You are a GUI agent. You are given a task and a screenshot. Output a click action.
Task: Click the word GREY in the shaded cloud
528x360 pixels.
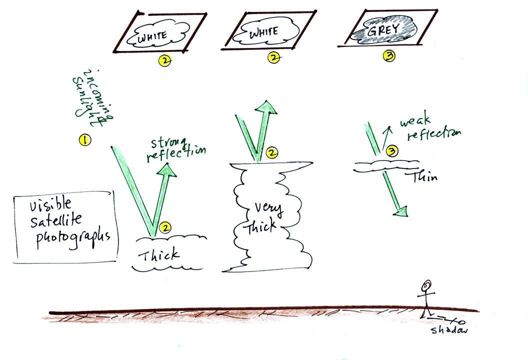(x=383, y=30)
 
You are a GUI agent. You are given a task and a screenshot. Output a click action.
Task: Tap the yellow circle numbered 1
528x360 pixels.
(x=85, y=139)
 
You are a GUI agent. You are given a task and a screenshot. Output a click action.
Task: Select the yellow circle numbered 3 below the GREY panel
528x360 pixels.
(x=389, y=56)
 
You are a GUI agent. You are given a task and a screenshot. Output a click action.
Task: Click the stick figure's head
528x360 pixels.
(x=427, y=285)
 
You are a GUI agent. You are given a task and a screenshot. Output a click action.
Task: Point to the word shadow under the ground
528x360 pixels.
(x=449, y=329)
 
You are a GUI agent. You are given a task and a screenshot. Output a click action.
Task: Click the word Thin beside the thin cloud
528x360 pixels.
(x=424, y=176)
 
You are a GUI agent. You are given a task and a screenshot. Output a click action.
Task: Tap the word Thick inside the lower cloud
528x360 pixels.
(x=158, y=254)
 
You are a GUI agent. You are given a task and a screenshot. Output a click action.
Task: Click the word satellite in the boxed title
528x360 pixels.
(x=56, y=220)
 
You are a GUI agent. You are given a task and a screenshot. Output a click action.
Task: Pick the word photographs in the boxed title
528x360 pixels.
(x=73, y=239)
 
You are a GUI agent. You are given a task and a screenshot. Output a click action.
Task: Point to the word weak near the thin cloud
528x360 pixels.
(x=415, y=121)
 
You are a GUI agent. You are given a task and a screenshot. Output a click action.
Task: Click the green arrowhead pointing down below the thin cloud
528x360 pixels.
(x=400, y=211)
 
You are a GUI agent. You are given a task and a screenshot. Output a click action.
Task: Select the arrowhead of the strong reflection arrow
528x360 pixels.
(x=167, y=169)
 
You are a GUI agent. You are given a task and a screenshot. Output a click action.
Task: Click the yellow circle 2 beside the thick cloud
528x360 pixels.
(x=165, y=227)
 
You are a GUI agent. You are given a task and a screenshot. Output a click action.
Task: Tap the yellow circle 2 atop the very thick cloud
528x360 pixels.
(x=271, y=152)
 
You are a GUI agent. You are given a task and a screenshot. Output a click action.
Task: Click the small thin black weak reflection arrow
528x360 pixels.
(x=386, y=137)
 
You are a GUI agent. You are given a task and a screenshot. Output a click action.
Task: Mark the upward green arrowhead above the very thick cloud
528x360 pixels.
(x=266, y=108)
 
